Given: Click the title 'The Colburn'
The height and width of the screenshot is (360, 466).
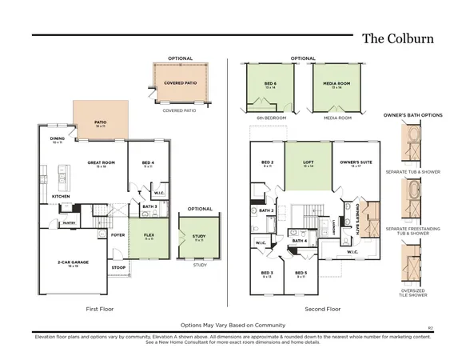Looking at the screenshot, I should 398,38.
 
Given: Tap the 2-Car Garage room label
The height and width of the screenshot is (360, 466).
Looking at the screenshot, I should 73,263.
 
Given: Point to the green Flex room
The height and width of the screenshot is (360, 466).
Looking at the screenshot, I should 149,238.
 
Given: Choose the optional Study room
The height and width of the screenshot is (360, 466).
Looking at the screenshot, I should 198,237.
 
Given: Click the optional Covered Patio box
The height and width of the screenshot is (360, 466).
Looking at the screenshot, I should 180,83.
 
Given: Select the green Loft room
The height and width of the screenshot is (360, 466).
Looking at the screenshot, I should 308,163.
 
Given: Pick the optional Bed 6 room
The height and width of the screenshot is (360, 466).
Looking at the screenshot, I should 270,83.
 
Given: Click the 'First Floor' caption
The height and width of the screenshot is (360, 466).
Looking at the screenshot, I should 102,308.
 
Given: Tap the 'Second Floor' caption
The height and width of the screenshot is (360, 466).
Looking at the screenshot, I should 322,308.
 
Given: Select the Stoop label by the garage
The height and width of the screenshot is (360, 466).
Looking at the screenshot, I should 119,267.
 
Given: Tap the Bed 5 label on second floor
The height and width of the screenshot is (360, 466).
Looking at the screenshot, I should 301,274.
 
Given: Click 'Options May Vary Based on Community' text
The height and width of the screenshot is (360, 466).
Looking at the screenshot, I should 233,325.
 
